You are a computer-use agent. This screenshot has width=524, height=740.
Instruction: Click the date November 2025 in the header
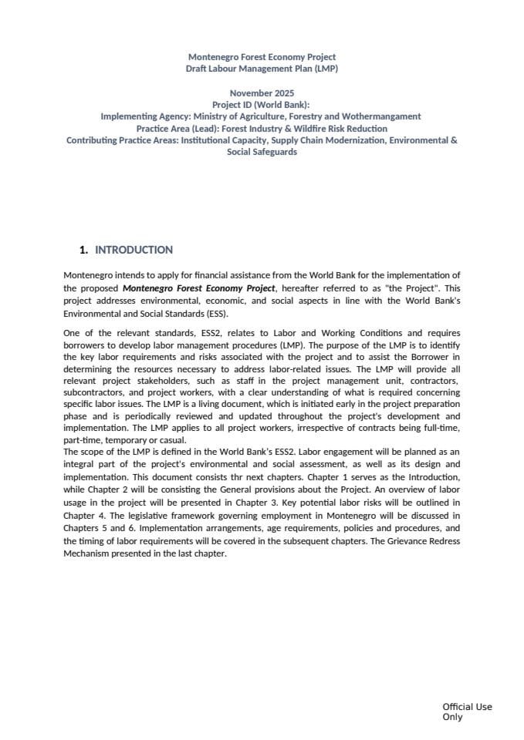click(x=262, y=92)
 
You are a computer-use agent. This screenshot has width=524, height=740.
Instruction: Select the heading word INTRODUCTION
click(x=134, y=250)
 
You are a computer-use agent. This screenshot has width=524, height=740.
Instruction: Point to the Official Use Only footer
click(x=466, y=711)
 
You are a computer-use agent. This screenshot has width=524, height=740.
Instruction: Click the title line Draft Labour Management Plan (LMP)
click(x=262, y=69)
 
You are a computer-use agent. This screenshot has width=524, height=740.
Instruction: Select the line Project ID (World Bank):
click(x=262, y=105)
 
